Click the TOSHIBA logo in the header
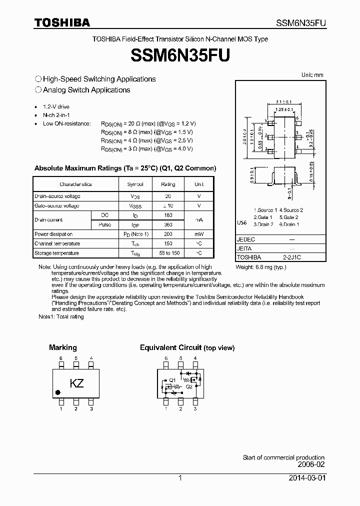[x=62, y=22]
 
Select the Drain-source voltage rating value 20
[x=167, y=196]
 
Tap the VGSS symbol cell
[x=135, y=206]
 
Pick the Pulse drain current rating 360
[x=167, y=224]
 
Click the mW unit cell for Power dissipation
[x=199, y=234]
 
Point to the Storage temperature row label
[x=57, y=253]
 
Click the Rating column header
[x=168, y=184]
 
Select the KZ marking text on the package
[x=76, y=384]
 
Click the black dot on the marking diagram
[x=58, y=392]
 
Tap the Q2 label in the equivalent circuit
[x=189, y=386]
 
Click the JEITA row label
[x=244, y=248]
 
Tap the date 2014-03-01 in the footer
[x=306, y=478]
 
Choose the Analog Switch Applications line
[x=86, y=90]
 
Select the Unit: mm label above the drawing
[x=312, y=75]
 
